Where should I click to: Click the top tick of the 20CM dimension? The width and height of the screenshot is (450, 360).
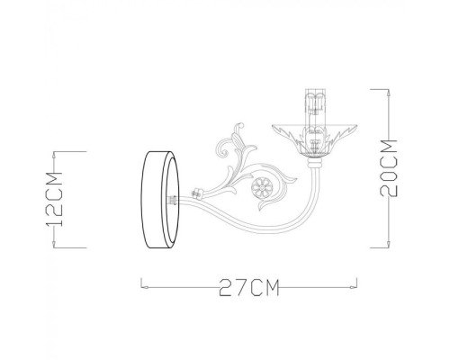click(383, 89)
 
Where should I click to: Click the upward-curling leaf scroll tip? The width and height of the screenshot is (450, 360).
click(240, 127)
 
